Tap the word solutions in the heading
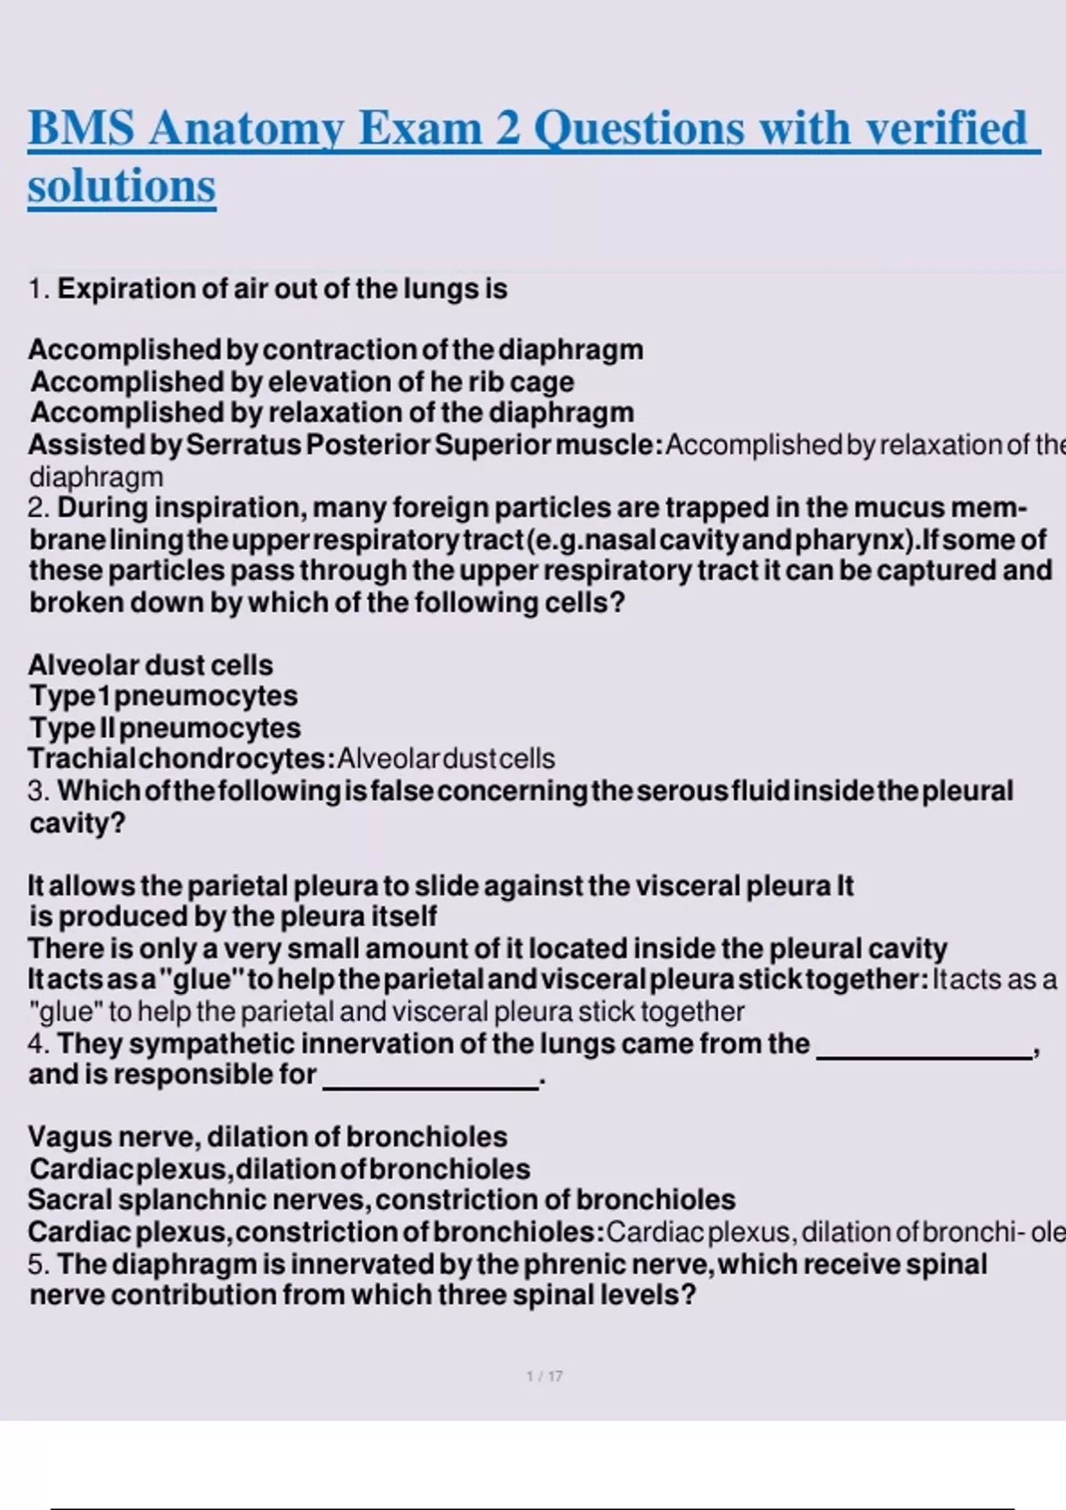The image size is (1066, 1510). (x=122, y=187)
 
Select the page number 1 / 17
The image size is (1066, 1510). (x=544, y=1376)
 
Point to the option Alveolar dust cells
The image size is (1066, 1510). (x=150, y=665)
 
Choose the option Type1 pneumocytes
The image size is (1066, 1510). (x=163, y=696)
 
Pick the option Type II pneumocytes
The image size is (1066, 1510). (x=164, y=728)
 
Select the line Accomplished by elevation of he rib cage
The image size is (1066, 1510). (x=302, y=382)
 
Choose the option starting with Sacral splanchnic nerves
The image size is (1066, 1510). (x=381, y=1200)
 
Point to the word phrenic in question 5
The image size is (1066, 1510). (x=575, y=1264)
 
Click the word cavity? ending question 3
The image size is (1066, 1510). (x=77, y=823)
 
